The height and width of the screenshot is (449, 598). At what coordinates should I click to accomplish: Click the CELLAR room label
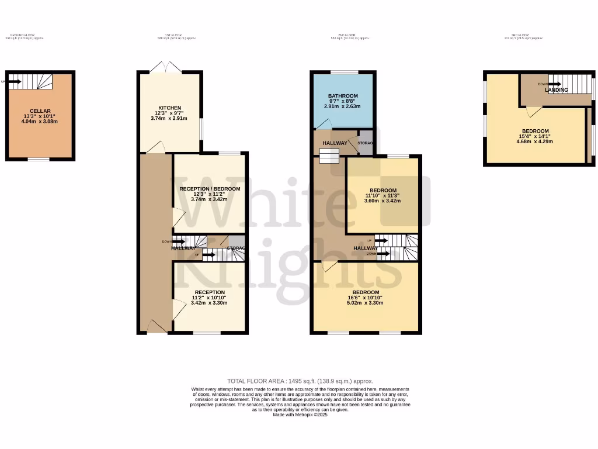click(41, 111)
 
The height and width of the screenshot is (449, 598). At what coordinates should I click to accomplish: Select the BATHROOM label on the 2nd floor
click(343, 96)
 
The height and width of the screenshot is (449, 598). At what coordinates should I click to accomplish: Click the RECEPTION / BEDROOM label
click(210, 189)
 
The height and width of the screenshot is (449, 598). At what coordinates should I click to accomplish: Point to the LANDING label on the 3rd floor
click(556, 90)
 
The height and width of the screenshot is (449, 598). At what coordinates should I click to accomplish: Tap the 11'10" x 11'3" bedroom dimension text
click(383, 197)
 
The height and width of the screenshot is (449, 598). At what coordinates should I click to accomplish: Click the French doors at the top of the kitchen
click(166, 68)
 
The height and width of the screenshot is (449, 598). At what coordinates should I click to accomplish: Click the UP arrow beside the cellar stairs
click(13, 82)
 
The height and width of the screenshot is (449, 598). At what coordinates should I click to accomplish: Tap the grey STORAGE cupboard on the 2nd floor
click(364, 143)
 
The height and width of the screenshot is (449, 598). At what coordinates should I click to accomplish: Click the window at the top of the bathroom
click(343, 72)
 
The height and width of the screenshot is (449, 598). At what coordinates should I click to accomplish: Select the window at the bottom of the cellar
click(39, 159)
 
